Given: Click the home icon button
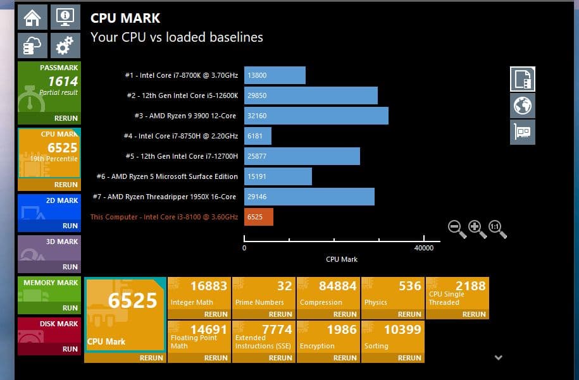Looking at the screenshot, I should coord(32,17).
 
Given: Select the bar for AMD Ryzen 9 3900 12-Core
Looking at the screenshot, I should coord(316,116).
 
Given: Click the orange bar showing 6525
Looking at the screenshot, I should coord(258,217).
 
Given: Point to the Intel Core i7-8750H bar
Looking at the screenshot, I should coord(258,136).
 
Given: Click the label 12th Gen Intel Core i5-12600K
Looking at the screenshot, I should coord(182,95).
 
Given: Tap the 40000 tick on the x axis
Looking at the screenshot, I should coord(423,248).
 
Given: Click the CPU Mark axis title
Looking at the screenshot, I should coord(342,259).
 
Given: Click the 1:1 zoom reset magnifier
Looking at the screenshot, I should coord(497,229).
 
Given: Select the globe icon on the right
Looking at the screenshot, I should coord(523,106).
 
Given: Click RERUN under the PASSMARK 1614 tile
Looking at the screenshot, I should coord(66,118).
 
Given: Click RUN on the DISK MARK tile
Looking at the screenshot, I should coord(70,349).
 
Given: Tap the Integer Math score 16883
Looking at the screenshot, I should coord(208,286).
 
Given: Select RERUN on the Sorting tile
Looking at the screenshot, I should coord(409,358).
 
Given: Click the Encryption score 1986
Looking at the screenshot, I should coord(342,329).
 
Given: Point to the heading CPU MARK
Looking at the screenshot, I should coord(125,18).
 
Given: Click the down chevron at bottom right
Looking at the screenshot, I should coord(498,358).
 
